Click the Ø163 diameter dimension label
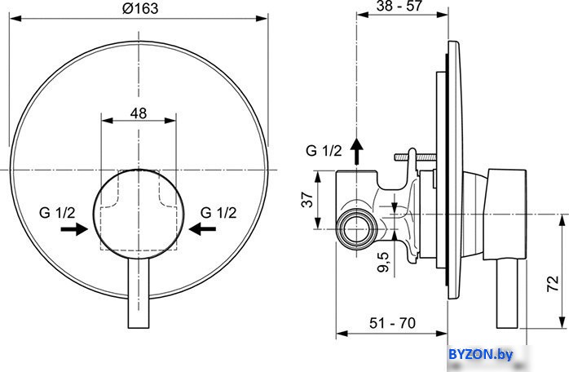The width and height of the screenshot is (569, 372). (x=140, y=8)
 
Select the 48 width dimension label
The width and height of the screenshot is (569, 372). (x=139, y=113)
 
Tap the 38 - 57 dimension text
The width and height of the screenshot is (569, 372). (x=399, y=6)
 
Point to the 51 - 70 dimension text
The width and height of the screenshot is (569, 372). (x=392, y=322)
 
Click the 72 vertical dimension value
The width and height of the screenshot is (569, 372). (x=553, y=283)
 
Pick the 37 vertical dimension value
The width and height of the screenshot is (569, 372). (x=307, y=199)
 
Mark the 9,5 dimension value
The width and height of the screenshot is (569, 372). (x=383, y=262)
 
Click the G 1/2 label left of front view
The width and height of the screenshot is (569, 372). (x=57, y=213)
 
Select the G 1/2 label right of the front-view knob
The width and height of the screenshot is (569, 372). (x=218, y=213)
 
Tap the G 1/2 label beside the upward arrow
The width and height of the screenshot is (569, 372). (x=324, y=150)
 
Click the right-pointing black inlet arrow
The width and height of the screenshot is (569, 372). (x=74, y=229)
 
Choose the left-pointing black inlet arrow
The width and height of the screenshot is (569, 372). (x=202, y=229)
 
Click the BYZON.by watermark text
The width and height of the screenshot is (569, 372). (x=481, y=354)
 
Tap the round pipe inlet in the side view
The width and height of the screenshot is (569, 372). (x=357, y=229)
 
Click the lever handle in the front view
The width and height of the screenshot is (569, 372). (x=139, y=294)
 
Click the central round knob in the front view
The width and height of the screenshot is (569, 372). (x=139, y=215)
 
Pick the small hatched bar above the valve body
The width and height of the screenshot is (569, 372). (x=415, y=157)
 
